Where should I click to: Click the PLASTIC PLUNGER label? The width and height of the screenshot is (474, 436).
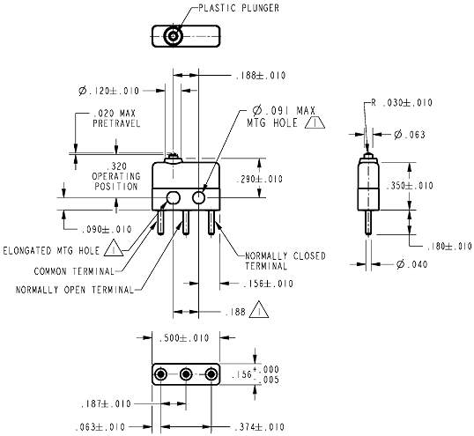[x=239, y=8]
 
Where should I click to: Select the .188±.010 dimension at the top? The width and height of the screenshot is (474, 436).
[x=261, y=75]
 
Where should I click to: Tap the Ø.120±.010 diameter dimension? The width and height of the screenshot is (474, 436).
[x=109, y=91]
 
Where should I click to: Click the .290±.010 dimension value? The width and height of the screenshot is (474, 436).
[x=260, y=179]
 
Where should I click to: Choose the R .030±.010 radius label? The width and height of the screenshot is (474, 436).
[x=402, y=103]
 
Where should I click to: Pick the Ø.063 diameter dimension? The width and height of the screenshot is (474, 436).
[x=410, y=135]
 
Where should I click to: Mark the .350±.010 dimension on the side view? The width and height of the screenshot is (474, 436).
[x=410, y=186]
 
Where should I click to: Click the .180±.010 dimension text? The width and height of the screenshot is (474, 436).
[x=449, y=247]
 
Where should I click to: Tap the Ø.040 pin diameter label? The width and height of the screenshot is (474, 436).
[x=412, y=264]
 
